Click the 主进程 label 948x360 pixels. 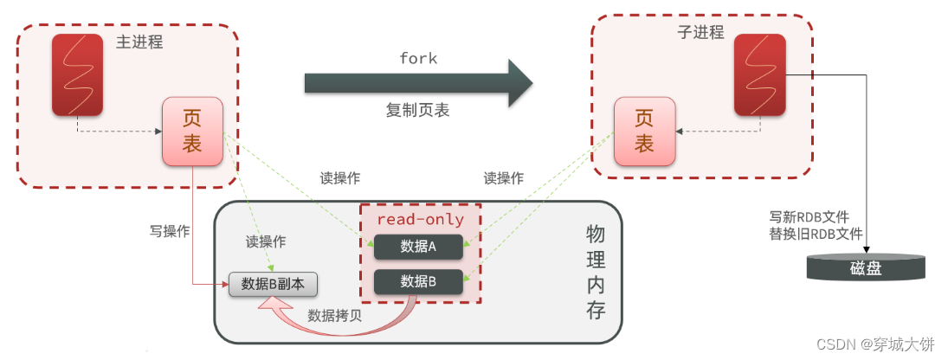tap(139, 42)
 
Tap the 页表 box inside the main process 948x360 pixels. tap(192, 132)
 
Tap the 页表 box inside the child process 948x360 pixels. tap(644, 132)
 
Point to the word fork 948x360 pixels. tap(418, 59)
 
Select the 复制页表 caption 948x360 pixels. tap(418, 111)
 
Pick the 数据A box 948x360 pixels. tap(419, 247)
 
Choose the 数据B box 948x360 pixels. tap(419, 282)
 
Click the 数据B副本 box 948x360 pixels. tap(273, 284)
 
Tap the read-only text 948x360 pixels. tap(420, 219)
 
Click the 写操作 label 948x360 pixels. tap(170, 231)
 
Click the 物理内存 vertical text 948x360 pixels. tap(596, 272)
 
